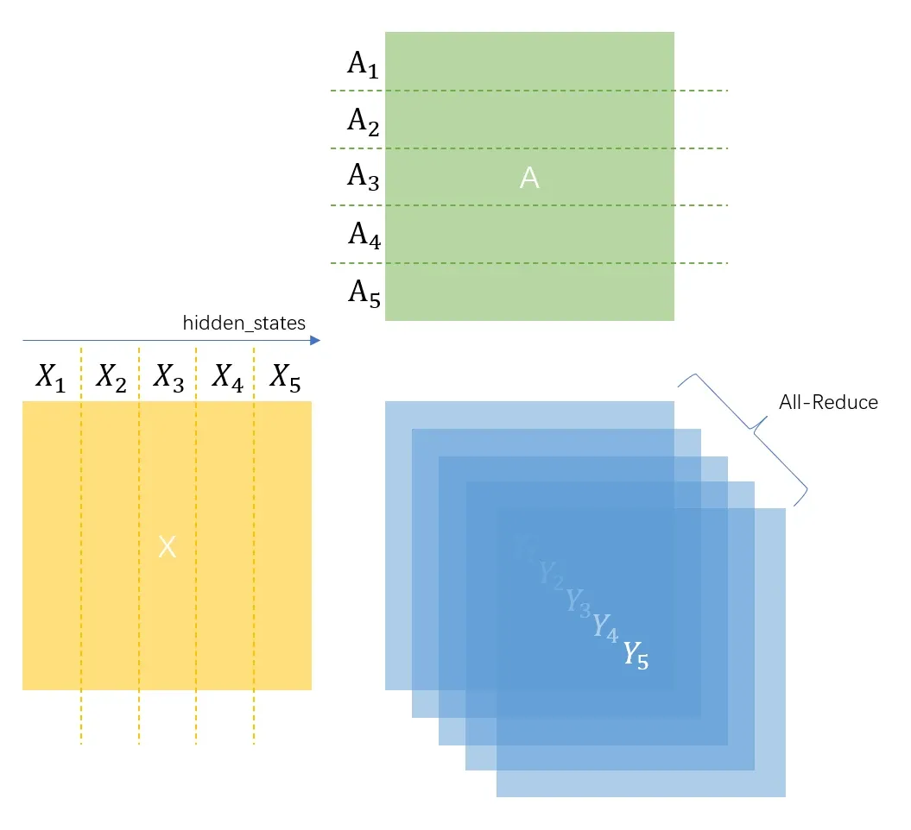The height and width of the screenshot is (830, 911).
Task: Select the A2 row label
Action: pyautogui.click(x=363, y=122)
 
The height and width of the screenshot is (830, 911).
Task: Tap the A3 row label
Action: pyautogui.click(x=363, y=178)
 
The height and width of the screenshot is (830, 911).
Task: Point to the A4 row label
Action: pyautogui.click(x=364, y=235)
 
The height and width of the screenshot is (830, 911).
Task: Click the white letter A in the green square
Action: pyautogui.click(x=529, y=178)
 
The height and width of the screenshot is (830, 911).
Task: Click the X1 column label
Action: pyautogui.click(x=51, y=378)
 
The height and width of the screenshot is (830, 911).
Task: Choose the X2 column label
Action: pyautogui.click(x=111, y=378)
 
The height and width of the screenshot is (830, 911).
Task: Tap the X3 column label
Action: pyautogui.click(x=168, y=378)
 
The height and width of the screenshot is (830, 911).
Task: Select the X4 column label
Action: pyautogui.click(x=226, y=378)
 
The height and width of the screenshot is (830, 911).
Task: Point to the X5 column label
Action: pyautogui.click(x=285, y=378)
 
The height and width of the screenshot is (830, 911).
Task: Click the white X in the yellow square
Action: pyautogui.click(x=168, y=546)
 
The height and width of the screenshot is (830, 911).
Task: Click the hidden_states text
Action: pyautogui.click(x=244, y=324)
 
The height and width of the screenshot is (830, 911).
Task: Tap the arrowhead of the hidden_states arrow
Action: pyautogui.click(x=314, y=341)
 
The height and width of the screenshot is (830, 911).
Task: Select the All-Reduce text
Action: pyautogui.click(x=828, y=402)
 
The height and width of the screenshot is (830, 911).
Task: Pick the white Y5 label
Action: pyautogui.click(x=636, y=656)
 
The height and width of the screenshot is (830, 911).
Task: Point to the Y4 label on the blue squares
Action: pyautogui.click(x=605, y=628)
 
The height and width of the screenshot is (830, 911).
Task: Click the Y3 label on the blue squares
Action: pyautogui.click(x=578, y=601)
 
